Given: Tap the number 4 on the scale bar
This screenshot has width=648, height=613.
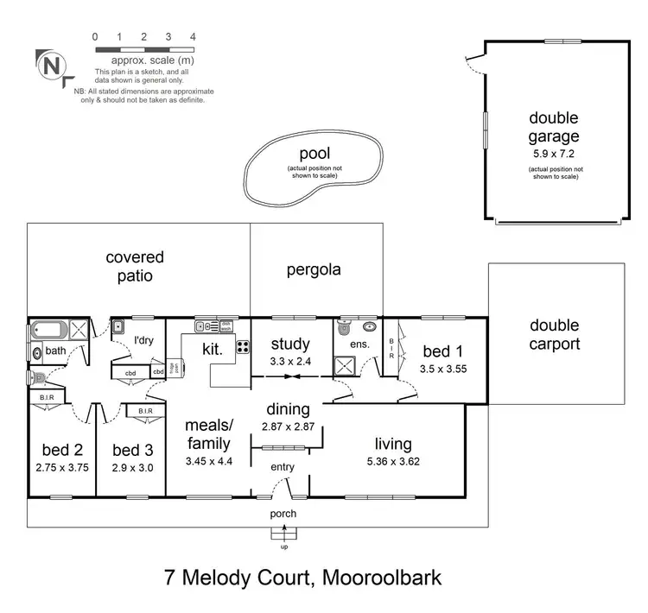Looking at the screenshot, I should pos(193,37).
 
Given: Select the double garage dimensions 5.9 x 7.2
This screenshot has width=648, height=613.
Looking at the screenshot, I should pos(554,153).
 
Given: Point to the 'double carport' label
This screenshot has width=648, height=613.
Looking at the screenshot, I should pos(555,334).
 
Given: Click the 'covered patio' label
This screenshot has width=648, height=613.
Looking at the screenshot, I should pos(135,266).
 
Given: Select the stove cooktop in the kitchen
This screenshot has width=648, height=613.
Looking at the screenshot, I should pos(243,349).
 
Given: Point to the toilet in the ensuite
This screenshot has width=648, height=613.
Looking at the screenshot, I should pos(345,329).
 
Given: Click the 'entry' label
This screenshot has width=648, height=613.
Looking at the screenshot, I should pos(283,467).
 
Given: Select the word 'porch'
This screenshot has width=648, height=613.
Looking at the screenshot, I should pos(283,514).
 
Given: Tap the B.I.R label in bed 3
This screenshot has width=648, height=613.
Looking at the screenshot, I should pos(140,411).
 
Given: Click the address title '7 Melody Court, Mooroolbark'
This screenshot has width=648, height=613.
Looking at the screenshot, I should pos(302,577).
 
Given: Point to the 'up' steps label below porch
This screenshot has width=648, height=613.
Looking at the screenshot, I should pos(283,546).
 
